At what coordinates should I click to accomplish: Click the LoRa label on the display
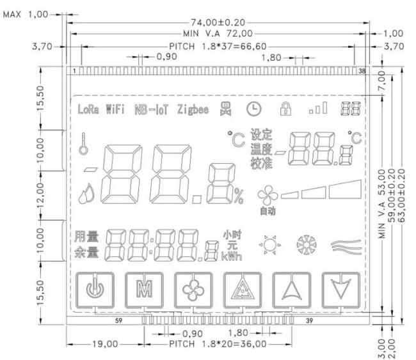(88, 109)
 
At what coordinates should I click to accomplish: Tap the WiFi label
(115, 109)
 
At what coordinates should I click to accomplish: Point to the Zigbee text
(193, 109)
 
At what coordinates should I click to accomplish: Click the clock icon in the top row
(254, 109)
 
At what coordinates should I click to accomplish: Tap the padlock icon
(285, 109)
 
